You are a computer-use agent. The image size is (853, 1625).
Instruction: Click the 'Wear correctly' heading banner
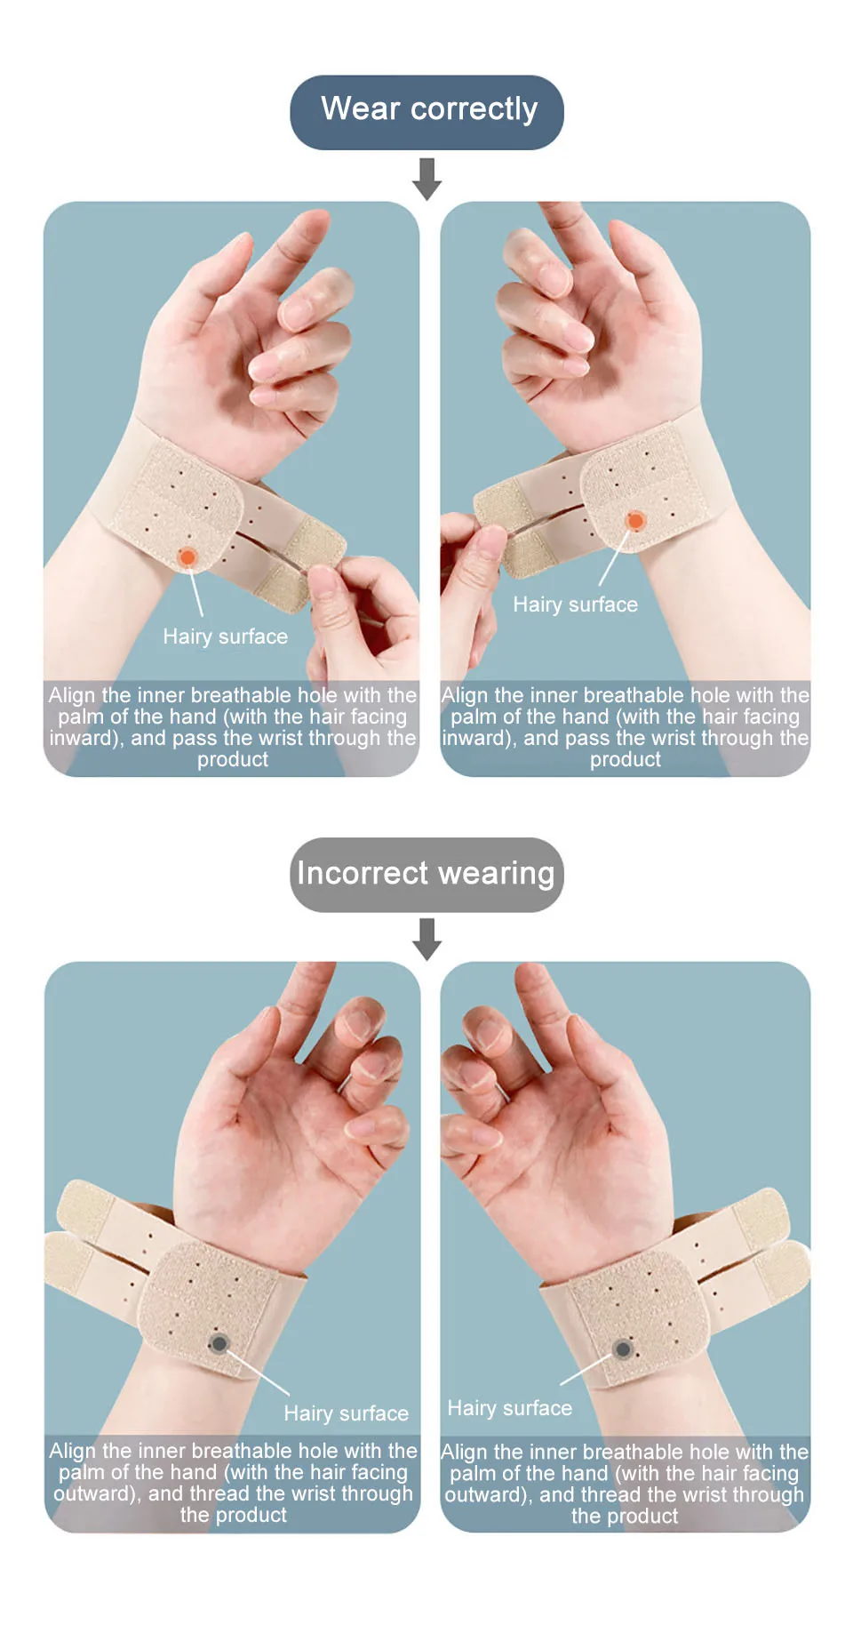(x=426, y=112)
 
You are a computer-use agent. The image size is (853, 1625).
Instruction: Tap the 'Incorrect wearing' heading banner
(x=426, y=875)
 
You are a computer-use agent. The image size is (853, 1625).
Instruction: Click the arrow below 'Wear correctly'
(x=426, y=179)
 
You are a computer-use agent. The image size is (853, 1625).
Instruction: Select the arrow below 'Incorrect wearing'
(x=426, y=940)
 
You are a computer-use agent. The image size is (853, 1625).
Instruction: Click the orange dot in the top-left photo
(x=187, y=557)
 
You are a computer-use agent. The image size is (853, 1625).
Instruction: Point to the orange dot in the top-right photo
(x=635, y=520)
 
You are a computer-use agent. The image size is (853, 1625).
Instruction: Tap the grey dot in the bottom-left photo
(x=218, y=1343)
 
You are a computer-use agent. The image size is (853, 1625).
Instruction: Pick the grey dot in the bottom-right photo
(x=623, y=1349)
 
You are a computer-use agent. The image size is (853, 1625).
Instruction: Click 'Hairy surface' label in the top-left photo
(x=226, y=636)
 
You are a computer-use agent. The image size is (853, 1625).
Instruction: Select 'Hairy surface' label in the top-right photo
(x=576, y=604)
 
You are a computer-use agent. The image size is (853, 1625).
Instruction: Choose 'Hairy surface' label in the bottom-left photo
(x=347, y=1413)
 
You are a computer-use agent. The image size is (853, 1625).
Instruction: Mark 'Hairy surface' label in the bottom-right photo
(x=510, y=1408)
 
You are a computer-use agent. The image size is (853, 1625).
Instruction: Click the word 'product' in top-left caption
(x=233, y=760)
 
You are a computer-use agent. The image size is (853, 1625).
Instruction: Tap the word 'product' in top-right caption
(x=626, y=760)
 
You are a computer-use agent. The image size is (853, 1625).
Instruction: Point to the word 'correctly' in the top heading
(x=474, y=110)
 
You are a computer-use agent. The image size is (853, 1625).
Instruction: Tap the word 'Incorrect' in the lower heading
(x=363, y=873)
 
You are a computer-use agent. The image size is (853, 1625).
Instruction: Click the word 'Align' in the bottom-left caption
(x=73, y=1451)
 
